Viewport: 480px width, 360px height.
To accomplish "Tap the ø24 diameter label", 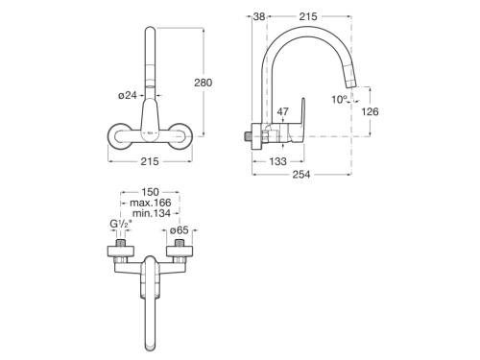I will (x=131, y=94).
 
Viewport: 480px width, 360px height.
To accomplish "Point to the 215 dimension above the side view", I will (x=308, y=16).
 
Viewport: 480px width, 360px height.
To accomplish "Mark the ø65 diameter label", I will (x=180, y=230).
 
